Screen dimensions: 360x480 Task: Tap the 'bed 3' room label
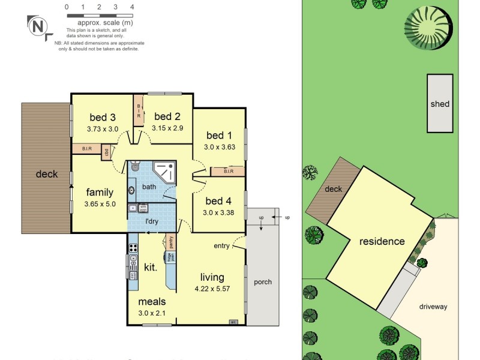pos(102,117)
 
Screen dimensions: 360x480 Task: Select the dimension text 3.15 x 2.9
pos(167,128)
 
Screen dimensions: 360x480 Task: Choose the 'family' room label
pos(100,192)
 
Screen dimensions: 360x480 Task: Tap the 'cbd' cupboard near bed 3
pos(106,152)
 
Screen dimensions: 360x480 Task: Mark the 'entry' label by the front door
pos(222,246)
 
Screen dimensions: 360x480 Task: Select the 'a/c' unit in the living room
pos(233,322)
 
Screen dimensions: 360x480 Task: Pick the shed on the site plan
pos(439,103)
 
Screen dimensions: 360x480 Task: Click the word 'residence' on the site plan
pos(382,241)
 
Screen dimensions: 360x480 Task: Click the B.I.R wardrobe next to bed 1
pos(228,172)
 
